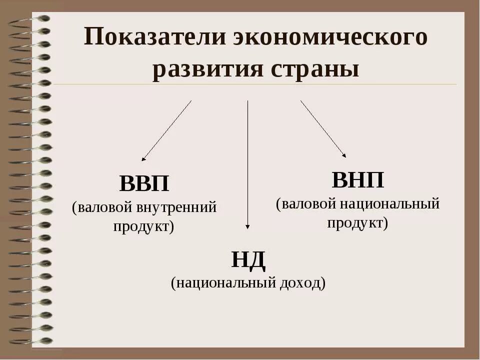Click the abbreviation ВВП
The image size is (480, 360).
pos(144,184)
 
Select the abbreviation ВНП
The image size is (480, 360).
pos(358,180)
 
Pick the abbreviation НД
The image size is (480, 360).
pos(248,260)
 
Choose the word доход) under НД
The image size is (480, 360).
pos(302,283)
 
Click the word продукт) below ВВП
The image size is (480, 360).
pos(144,226)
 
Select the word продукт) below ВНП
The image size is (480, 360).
pos(358,222)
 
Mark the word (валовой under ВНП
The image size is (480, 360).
pos(307,204)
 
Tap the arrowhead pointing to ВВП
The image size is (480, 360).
pos(143,159)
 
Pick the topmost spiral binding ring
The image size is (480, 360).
pos(37,19)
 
